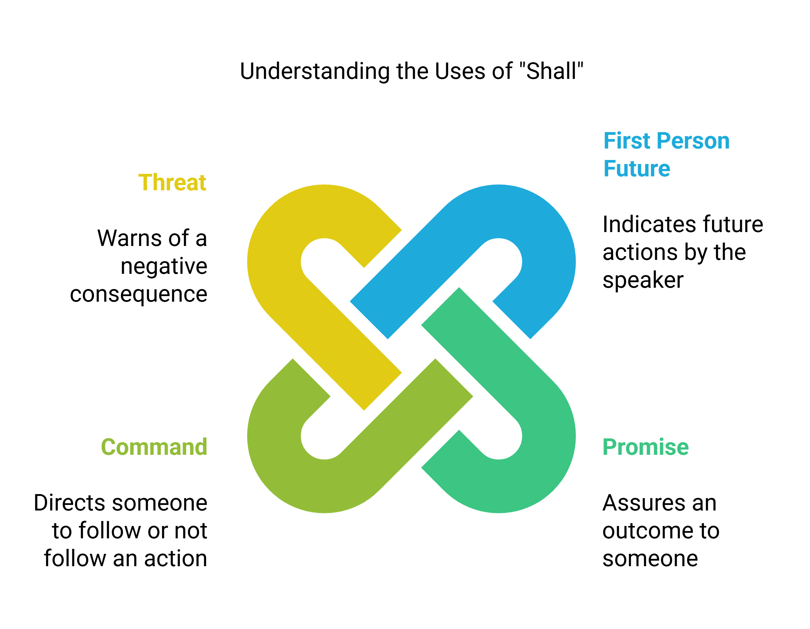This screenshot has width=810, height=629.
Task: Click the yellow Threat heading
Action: (x=172, y=183)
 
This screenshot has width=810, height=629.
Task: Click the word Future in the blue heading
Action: (x=637, y=169)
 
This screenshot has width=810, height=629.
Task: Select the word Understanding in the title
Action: (x=315, y=71)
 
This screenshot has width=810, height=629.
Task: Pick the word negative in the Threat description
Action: (x=164, y=266)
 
